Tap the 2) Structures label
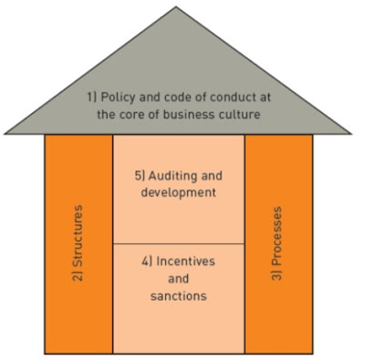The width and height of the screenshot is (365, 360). [x=78, y=242]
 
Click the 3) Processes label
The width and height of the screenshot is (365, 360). [x=278, y=242]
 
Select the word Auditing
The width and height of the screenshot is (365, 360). [x=187, y=175]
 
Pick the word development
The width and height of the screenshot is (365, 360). [x=179, y=192]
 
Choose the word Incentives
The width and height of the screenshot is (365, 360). [x=187, y=261]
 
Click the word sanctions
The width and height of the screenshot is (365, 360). [x=179, y=295]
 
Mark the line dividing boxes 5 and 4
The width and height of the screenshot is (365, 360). [x=179, y=243]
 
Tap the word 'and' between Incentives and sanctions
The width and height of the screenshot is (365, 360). [x=179, y=278]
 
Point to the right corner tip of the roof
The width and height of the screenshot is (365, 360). [x=353, y=134]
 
